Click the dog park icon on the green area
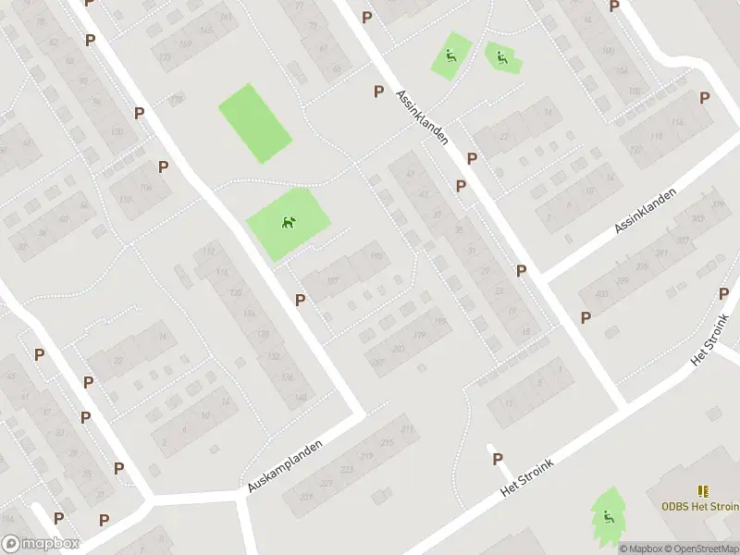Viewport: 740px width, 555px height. [288, 222]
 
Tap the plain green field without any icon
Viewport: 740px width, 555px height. [254, 123]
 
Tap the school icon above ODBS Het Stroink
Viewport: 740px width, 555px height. [701, 491]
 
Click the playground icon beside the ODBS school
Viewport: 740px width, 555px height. [607, 516]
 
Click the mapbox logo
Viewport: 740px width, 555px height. [40, 544]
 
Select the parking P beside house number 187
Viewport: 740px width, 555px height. [300, 300]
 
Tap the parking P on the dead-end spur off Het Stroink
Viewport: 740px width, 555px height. [498, 459]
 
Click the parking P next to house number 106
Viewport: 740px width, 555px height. [163, 166]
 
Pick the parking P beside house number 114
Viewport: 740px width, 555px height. [705, 98]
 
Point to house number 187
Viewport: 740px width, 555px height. [332, 282]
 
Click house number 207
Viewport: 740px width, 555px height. [377, 362]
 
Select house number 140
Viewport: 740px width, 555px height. [300, 397]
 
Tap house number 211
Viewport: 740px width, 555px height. [405, 430]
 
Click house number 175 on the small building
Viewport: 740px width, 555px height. [177, 99]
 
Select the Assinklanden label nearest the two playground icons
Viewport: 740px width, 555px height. [421, 117]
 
